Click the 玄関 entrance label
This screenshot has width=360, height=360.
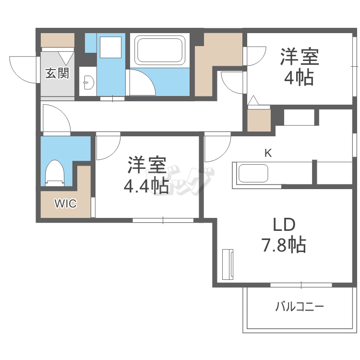point(57,73)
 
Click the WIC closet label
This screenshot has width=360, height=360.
point(65,204)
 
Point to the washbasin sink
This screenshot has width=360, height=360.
point(89,82)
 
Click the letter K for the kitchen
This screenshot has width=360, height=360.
point(268,153)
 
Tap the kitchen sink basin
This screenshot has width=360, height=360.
point(253,173)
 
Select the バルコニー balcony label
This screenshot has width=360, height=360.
point(300,307)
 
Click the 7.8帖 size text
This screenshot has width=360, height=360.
point(284,245)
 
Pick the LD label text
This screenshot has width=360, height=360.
point(284,225)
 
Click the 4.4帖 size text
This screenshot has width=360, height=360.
point(146,185)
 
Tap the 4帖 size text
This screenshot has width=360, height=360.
point(299,78)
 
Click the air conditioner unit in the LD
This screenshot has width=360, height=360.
point(228,264)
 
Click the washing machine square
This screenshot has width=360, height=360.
point(111,48)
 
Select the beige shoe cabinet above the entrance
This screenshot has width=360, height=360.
point(58,40)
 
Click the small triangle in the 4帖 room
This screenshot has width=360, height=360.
point(253,100)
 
